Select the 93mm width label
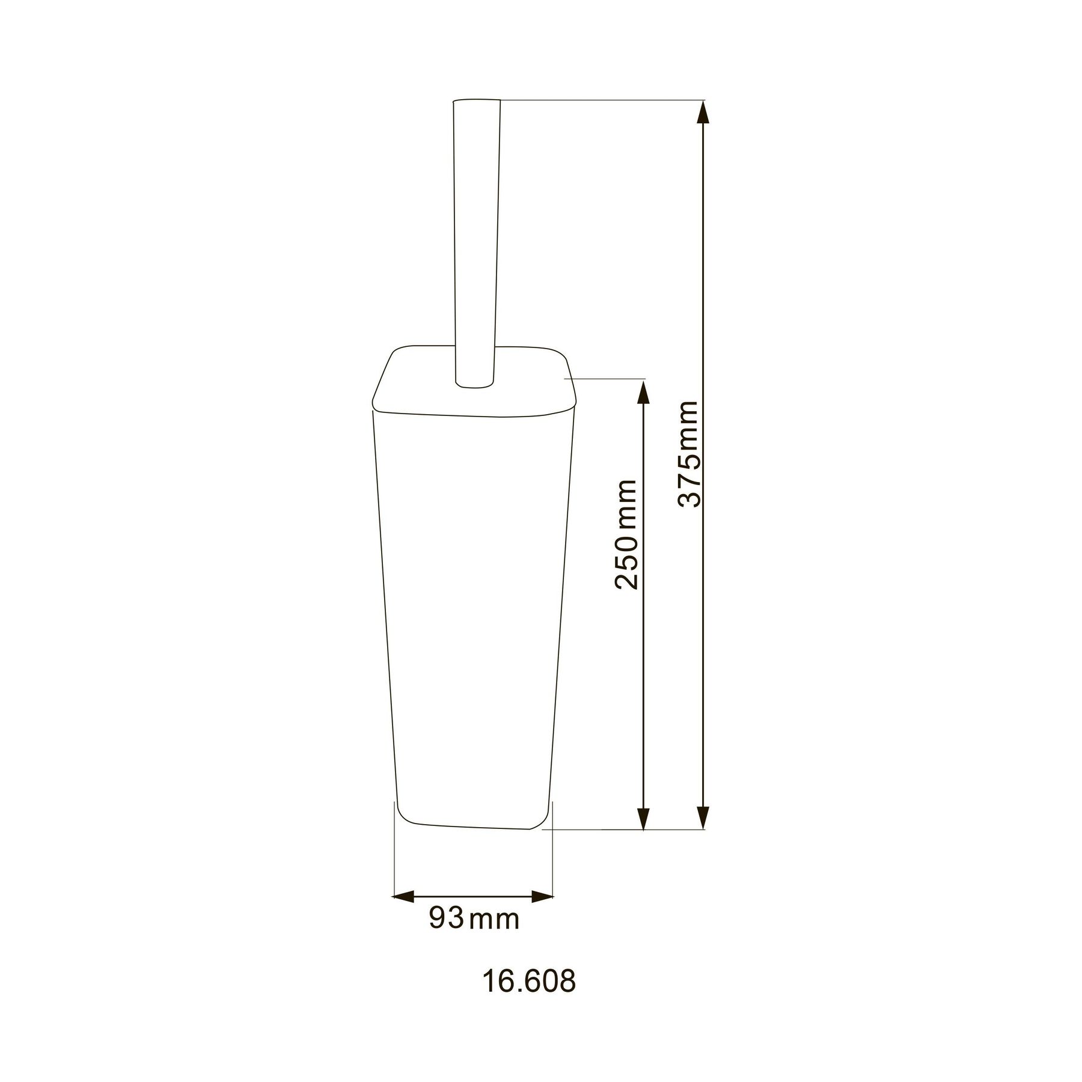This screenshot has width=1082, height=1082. tap(474, 918)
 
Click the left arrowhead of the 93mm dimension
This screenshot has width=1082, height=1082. tap(401, 897)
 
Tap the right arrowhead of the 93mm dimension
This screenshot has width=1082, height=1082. tap(544, 897)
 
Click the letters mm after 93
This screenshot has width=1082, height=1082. tap(494, 920)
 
